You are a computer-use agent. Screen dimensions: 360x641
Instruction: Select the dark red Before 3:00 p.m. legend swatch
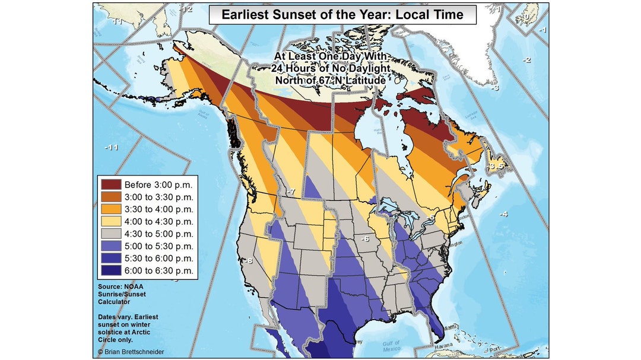(110, 184)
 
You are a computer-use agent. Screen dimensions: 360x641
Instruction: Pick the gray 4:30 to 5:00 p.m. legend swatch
(110, 234)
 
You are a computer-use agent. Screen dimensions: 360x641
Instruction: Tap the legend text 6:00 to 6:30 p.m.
(158, 270)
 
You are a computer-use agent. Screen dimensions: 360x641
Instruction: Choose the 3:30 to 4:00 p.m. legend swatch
(110, 209)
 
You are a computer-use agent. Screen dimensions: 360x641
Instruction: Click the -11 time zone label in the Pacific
(112, 147)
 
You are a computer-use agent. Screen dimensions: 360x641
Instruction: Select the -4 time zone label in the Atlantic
(503, 214)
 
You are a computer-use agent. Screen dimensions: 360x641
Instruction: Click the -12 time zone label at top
(187, 9)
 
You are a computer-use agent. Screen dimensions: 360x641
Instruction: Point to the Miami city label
(452, 327)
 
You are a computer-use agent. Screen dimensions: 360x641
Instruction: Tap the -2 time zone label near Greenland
(526, 60)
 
